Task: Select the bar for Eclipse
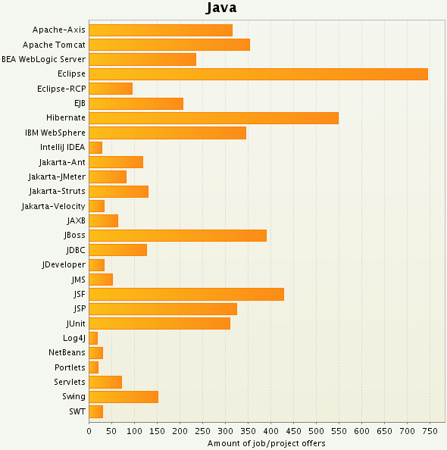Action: click(x=258, y=74)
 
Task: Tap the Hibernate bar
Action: click(x=214, y=118)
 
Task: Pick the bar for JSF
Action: click(x=186, y=294)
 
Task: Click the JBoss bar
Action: click(x=178, y=236)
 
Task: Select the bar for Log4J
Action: click(x=93, y=338)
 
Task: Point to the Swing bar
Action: click(x=123, y=397)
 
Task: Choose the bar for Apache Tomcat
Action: click(x=170, y=45)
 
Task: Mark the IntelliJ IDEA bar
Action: click(x=95, y=148)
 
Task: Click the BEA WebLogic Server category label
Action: click(x=43, y=59)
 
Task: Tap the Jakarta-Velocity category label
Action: click(x=53, y=206)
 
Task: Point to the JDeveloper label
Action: click(x=64, y=264)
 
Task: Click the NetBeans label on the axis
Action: click(x=67, y=352)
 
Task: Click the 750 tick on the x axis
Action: click(x=430, y=430)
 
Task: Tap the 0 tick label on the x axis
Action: click(x=89, y=430)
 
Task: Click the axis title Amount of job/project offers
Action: click(x=266, y=442)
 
